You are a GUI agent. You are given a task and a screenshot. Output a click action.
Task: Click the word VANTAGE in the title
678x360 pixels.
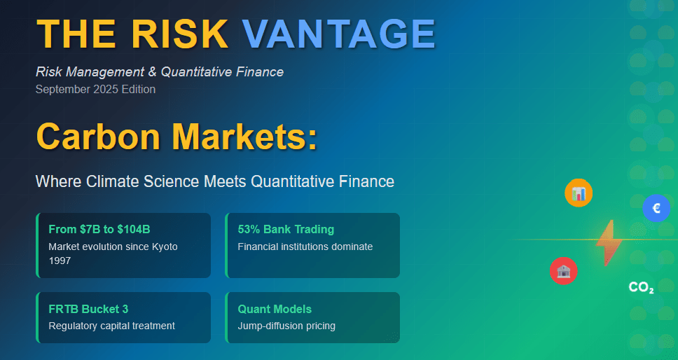pyautogui.click(x=338, y=34)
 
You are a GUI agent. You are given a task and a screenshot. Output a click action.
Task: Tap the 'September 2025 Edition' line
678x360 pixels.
pyautogui.click(x=95, y=90)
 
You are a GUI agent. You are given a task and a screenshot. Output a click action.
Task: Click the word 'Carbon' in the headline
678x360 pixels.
pyautogui.click(x=98, y=135)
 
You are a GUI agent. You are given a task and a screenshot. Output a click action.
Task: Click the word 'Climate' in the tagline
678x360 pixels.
pyautogui.click(x=113, y=181)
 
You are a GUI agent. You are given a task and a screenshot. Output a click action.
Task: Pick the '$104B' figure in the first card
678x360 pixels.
pyautogui.click(x=134, y=230)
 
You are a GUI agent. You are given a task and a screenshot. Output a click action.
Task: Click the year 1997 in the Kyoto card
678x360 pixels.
pyautogui.click(x=60, y=261)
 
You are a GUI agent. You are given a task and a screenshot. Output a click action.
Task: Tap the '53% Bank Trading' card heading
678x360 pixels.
pyautogui.click(x=286, y=230)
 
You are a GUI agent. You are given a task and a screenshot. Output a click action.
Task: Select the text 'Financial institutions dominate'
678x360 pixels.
pyautogui.click(x=305, y=247)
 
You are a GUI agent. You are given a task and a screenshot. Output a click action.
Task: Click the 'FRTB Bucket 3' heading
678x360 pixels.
pyautogui.click(x=89, y=309)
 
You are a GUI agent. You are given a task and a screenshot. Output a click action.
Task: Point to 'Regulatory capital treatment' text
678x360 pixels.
pyautogui.click(x=112, y=326)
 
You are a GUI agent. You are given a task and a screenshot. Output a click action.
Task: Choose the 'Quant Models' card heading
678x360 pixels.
pyautogui.click(x=275, y=309)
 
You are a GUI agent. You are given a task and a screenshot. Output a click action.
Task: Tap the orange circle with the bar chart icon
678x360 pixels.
pyautogui.click(x=579, y=193)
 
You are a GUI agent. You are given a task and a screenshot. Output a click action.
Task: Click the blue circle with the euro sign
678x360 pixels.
pyautogui.click(x=656, y=208)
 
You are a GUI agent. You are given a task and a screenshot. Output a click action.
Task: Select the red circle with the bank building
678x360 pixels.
pyautogui.click(x=563, y=271)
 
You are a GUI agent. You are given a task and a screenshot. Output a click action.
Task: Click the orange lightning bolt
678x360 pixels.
pyautogui.click(x=609, y=242)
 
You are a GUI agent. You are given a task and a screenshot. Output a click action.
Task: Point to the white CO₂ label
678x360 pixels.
pyautogui.click(x=642, y=287)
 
